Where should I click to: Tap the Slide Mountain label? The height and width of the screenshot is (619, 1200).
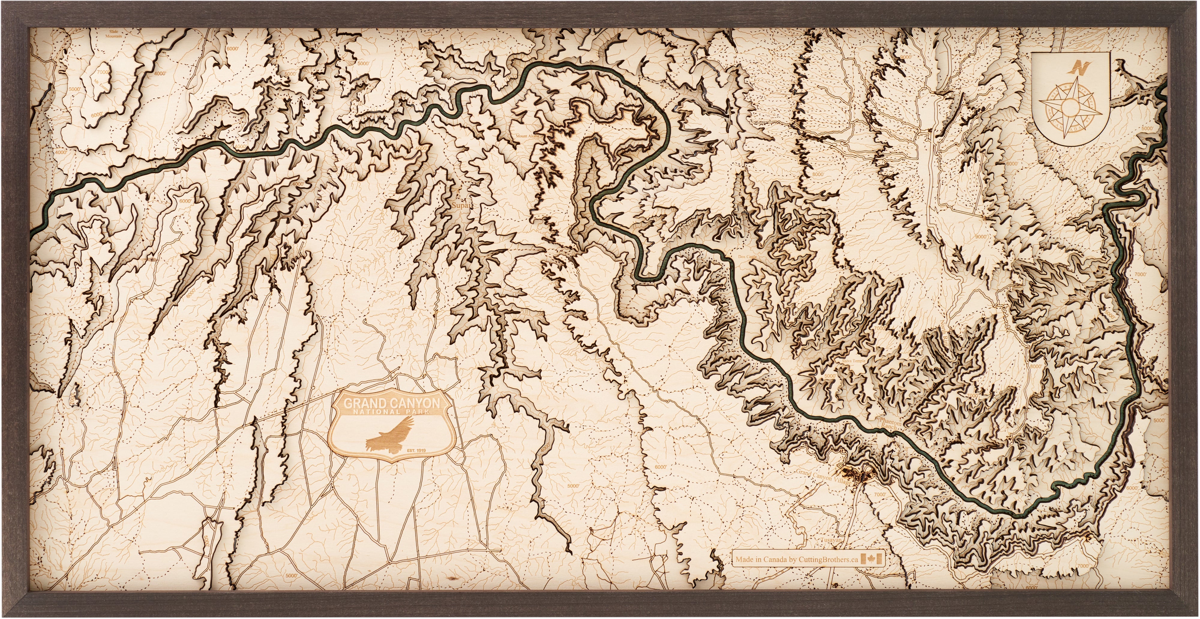[x=114, y=34]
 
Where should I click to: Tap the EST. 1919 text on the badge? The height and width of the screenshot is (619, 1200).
[x=416, y=450]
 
